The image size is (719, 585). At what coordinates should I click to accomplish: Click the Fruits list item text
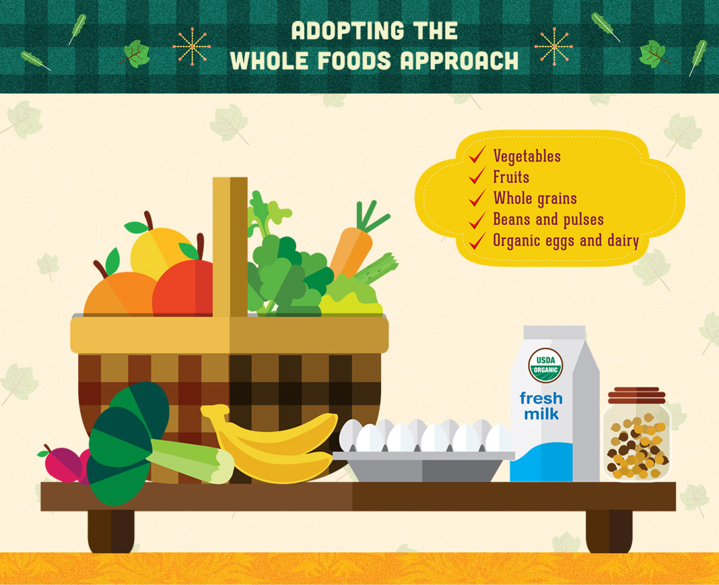511,177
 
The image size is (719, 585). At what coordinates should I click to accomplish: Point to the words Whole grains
535,198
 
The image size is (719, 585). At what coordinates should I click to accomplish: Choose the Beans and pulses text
548,220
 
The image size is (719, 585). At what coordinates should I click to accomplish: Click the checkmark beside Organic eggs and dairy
478,241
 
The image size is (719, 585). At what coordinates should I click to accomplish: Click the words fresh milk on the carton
542,406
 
